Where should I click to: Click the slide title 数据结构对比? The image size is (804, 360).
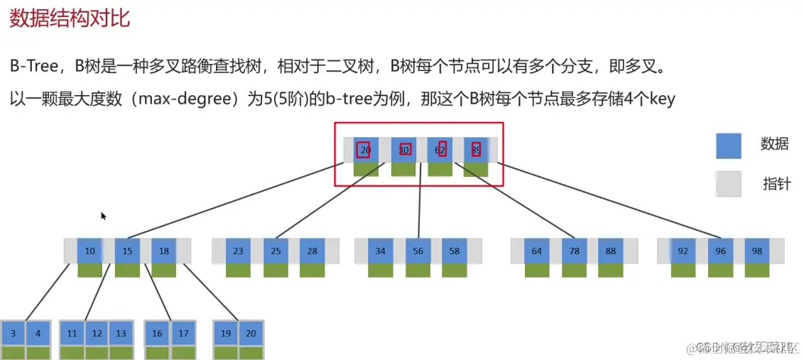(70, 16)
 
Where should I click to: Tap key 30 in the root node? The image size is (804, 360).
(404, 150)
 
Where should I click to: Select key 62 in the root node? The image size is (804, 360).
(440, 150)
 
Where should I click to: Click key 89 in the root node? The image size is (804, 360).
(476, 150)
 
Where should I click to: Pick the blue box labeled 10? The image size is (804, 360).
(89, 251)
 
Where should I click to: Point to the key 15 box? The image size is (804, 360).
(127, 251)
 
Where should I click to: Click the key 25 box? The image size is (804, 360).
(276, 251)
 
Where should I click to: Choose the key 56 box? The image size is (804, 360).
(418, 251)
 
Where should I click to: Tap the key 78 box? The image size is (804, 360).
(574, 251)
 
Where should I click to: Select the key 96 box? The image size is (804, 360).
(720, 251)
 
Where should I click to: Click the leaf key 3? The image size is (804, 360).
(13, 333)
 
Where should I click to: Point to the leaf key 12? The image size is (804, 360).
(97, 333)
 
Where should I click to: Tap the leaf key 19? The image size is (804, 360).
(226, 333)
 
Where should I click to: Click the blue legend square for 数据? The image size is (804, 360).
(728, 146)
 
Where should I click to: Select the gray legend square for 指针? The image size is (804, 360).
(728, 184)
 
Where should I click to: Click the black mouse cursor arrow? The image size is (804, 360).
(103, 216)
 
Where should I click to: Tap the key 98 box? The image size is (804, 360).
(756, 251)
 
